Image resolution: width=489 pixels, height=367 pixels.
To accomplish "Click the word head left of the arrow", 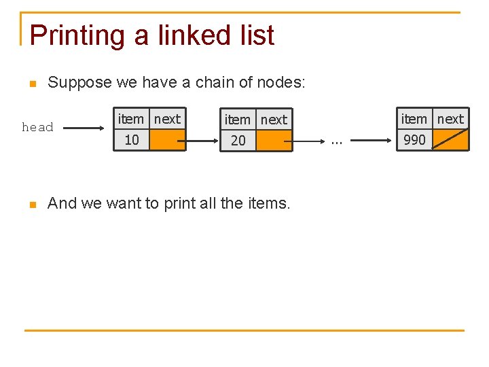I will (x=37, y=127).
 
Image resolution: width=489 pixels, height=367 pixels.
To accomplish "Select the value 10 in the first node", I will (x=132, y=140).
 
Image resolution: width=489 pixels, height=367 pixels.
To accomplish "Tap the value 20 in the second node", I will (x=238, y=141).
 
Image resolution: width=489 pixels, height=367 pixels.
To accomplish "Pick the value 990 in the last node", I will (x=414, y=140).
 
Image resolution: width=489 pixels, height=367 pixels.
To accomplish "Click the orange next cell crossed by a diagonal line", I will (x=450, y=139).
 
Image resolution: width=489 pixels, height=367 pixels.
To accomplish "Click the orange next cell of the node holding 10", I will (x=167, y=140).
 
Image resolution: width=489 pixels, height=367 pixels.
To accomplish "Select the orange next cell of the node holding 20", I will (x=274, y=141).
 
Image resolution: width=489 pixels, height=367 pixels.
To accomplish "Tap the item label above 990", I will (x=414, y=119).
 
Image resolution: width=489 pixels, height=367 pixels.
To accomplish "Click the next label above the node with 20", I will (x=274, y=120).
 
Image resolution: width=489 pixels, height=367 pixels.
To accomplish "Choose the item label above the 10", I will (x=131, y=119).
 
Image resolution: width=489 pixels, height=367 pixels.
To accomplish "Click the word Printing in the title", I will (x=78, y=35).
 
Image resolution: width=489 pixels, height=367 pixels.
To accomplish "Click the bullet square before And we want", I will (x=31, y=205).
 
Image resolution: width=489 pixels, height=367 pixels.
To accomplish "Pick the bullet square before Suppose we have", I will (x=31, y=84).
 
